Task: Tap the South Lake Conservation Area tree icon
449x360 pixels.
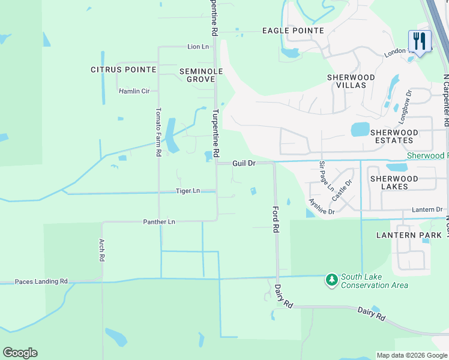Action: (331, 280)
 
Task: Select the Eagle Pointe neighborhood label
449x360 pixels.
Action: (293, 31)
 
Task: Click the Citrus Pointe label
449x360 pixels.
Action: (123, 70)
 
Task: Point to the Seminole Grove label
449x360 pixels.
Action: (201, 75)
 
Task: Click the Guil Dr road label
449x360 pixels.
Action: (244, 163)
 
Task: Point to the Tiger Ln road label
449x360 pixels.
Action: (187, 191)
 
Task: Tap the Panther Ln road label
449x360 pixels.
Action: (158, 222)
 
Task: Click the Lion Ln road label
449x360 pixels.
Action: (197, 47)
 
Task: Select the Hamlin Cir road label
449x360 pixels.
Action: (133, 91)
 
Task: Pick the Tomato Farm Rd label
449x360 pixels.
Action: (158, 132)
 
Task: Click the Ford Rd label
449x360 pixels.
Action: (276, 220)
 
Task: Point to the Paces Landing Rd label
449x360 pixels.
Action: (41, 281)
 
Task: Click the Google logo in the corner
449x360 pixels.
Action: (20, 353)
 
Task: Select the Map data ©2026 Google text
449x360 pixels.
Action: (412, 355)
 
